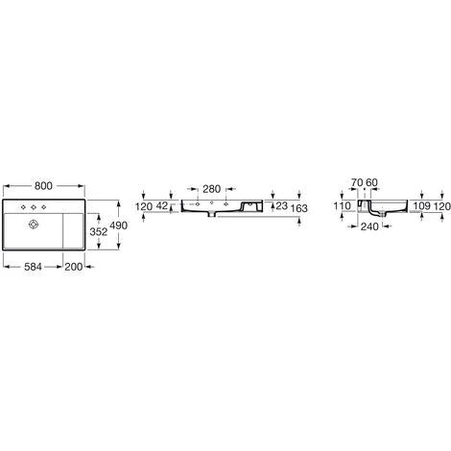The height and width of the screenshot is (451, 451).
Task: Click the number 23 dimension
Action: click(x=281, y=205)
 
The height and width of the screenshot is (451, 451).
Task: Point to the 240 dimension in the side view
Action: click(x=368, y=228)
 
